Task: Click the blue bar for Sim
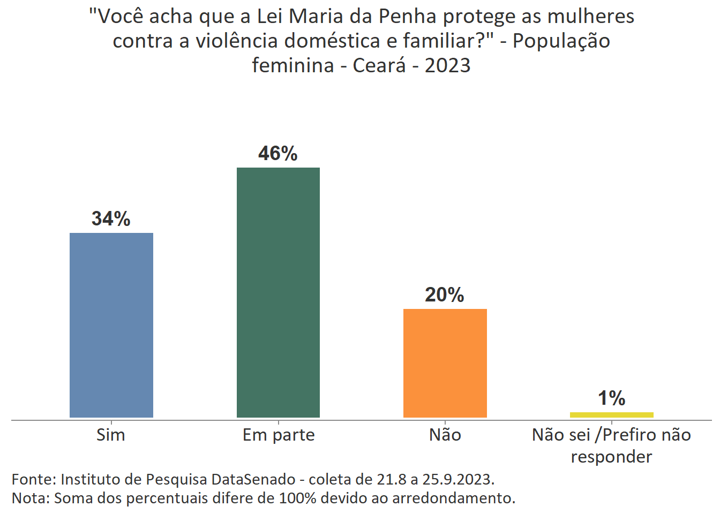(x=111, y=325)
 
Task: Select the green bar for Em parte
(x=278, y=292)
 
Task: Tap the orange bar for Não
(x=445, y=363)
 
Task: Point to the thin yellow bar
(x=611, y=415)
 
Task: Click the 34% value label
(x=111, y=218)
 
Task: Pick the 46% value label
(x=277, y=154)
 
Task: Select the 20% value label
(x=444, y=294)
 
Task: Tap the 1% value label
(x=611, y=398)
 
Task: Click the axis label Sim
(x=111, y=435)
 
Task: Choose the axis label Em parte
(x=279, y=435)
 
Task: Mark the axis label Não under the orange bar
(x=445, y=435)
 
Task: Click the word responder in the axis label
(x=611, y=457)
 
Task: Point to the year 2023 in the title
(x=447, y=65)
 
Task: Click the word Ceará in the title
(x=379, y=65)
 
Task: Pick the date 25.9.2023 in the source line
(x=458, y=479)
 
